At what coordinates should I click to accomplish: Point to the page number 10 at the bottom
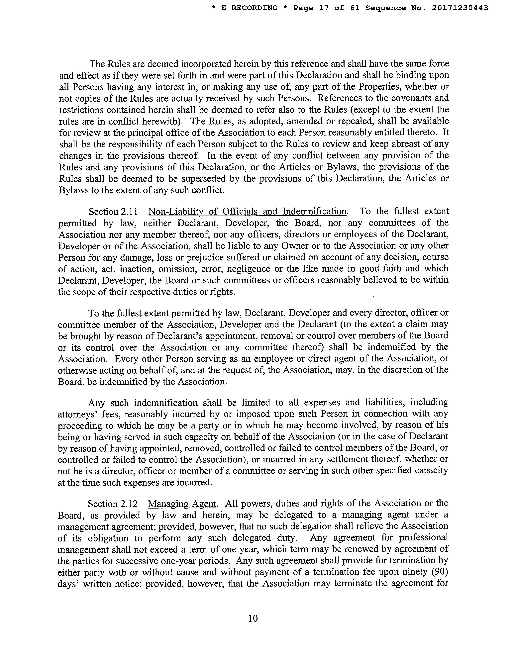[253, 618]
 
